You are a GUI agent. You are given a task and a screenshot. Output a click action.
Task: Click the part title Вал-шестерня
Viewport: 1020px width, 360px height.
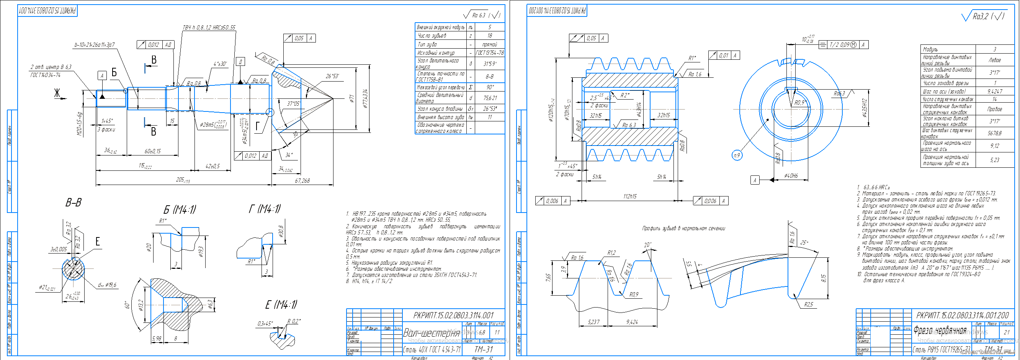click(x=431, y=333)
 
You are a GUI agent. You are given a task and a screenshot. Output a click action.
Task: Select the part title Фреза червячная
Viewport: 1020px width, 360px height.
click(x=940, y=331)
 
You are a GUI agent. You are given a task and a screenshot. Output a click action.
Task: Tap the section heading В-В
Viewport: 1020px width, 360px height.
click(x=73, y=203)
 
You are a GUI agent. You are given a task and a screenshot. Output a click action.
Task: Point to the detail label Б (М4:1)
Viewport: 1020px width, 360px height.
click(x=179, y=209)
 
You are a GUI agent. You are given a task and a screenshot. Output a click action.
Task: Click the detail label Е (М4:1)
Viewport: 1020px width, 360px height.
click(x=281, y=304)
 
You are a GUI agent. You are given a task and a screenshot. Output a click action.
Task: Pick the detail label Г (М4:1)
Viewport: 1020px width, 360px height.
click(x=265, y=208)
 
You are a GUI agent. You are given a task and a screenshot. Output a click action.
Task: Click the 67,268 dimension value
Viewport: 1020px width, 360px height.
click(x=302, y=181)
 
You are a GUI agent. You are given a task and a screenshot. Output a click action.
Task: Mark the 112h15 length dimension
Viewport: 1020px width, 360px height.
click(x=629, y=196)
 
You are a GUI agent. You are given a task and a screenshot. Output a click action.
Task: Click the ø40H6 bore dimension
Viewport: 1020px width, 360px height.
click(x=791, y=175)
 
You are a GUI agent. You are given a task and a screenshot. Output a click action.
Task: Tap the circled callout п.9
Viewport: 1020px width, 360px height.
click(x=737, y=155)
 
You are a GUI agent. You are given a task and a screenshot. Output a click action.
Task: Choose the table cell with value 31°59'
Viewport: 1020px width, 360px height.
click(x=489, y=63)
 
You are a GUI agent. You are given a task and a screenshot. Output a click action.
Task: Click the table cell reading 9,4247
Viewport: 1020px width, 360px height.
click(x=995, y=91)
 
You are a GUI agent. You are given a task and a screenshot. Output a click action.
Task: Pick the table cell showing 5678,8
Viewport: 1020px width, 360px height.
click(x=995, y=133)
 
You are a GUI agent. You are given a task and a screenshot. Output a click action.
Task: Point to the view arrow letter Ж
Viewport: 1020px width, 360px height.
click(x=57, y=93)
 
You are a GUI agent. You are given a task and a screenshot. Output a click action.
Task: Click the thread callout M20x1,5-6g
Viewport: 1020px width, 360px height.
click(x=79, y=124)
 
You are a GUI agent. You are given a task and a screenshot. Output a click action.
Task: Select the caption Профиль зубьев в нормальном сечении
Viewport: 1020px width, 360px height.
click(x=683, y=229)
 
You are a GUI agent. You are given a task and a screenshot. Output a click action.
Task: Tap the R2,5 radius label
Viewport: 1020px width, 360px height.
click(x=808, y=304)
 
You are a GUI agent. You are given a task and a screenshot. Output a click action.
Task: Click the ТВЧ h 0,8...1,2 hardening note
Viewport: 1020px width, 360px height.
click(x=209, y=28)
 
